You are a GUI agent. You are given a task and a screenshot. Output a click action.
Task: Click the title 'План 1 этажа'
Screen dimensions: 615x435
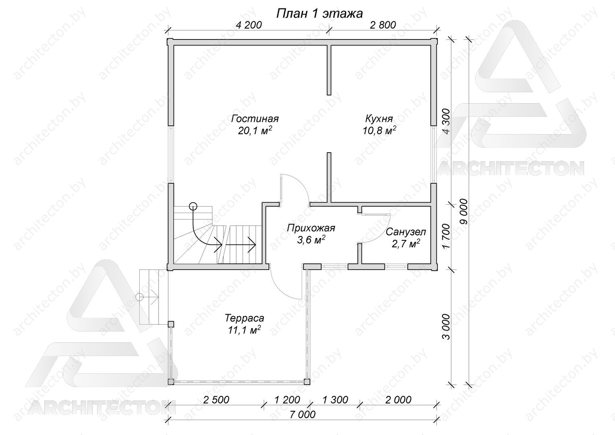point(319,13)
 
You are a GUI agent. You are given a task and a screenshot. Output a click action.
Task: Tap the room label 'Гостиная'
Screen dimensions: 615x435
point(255,119)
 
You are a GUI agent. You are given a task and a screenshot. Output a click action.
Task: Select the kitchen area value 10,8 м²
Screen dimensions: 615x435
point(379,130)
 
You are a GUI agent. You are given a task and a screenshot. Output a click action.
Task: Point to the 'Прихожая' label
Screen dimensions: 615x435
point(311,228)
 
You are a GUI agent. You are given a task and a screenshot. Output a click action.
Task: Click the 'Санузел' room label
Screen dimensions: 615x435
point(406,232)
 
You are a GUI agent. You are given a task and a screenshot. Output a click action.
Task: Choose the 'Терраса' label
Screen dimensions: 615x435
point(244,318)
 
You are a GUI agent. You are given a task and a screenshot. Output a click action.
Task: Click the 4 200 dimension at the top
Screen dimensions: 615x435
point(249,25)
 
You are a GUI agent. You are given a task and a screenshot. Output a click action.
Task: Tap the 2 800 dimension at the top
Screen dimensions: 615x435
point(383,25)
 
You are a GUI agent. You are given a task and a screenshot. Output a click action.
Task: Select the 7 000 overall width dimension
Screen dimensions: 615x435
point(302,414)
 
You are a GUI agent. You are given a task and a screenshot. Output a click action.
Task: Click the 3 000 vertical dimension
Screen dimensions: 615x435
point(447,327)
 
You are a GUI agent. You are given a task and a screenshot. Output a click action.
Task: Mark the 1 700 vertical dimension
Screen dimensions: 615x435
point(447,236)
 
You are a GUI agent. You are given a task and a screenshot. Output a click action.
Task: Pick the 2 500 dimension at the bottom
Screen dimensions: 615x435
point(216,400)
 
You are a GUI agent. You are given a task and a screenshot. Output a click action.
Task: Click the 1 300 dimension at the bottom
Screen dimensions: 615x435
point(335,400)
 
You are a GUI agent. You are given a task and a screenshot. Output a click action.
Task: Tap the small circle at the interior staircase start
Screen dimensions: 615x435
point(193,206)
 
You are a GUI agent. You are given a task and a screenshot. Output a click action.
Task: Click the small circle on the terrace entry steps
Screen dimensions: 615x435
point(140,297)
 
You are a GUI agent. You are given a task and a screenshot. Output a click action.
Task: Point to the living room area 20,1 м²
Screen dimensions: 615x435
point(255,130)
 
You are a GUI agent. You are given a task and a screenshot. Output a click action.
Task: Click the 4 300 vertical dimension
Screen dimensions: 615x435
point(447,122)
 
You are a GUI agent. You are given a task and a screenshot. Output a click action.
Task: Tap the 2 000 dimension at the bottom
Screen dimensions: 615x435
point(398,400)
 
